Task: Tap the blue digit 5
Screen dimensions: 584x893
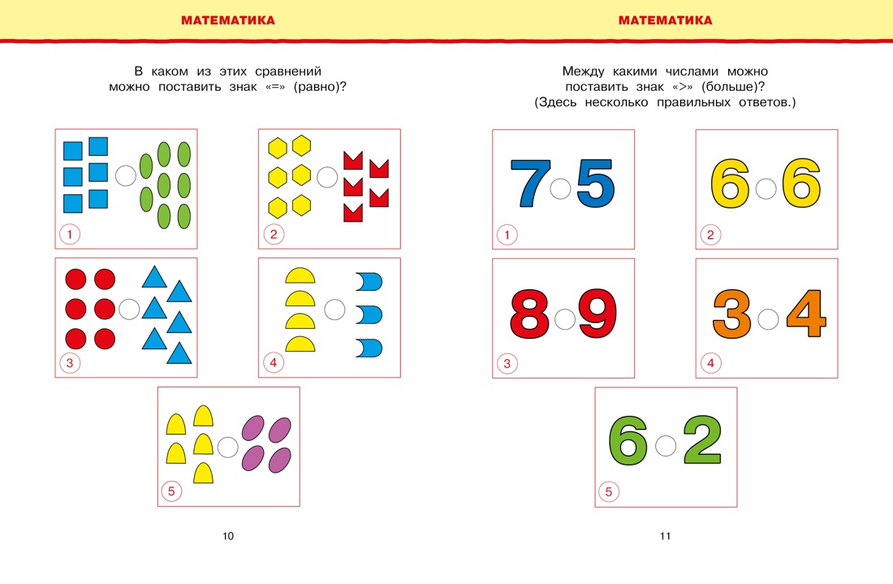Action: coord(595,184)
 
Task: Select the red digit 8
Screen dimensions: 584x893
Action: coord(532,314)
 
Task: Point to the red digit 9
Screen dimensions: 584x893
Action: coord(597,314)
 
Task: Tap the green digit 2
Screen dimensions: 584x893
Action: coord(701,442)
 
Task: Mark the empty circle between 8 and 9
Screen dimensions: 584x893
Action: coord(565,318)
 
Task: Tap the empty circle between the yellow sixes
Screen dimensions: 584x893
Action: coord(766,189)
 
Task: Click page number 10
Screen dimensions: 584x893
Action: coord(227,536)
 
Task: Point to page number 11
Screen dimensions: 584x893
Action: coord(665,536)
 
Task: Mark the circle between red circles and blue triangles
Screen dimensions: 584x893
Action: coord(129,309)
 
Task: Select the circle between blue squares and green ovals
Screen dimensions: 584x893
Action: coord(126,175)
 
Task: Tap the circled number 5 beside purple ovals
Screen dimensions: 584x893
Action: coord(171,491)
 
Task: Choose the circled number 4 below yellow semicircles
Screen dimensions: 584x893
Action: coord(273,363)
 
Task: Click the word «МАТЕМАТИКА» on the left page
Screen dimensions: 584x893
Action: coord(227,20)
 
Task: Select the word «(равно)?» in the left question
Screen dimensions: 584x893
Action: coord(321,87)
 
